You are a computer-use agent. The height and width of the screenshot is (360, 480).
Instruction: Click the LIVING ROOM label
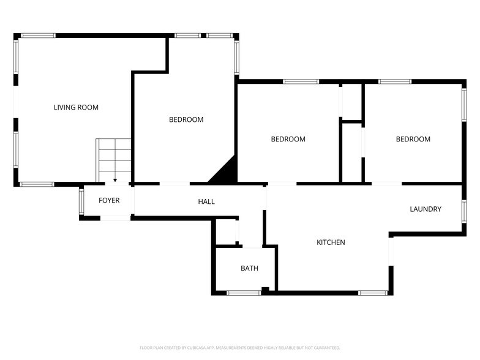click(76, 108)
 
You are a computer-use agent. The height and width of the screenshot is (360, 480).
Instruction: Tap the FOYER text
click(109, 201)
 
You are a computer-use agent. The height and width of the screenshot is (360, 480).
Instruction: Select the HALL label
click(206, 201)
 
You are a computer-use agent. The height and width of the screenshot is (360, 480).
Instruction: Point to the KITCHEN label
click(331, 242)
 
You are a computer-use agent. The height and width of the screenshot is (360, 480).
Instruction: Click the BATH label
click(249, 268)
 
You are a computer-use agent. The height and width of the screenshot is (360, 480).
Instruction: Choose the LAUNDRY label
click(426, 209)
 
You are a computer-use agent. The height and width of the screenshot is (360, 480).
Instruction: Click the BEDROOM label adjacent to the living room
click(186, 120)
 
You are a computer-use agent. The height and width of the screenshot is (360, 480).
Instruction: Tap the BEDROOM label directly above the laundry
click(413, 140)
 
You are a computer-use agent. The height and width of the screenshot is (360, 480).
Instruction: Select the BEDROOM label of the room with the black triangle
click(288, 140)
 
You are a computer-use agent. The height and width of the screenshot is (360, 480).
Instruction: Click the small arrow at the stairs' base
click(115, 181)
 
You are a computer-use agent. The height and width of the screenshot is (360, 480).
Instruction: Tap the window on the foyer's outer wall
click(81, 203)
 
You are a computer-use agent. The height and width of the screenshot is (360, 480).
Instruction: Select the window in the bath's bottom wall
click(244, 293)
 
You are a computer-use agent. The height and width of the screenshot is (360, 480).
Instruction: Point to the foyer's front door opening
click(115, 218)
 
